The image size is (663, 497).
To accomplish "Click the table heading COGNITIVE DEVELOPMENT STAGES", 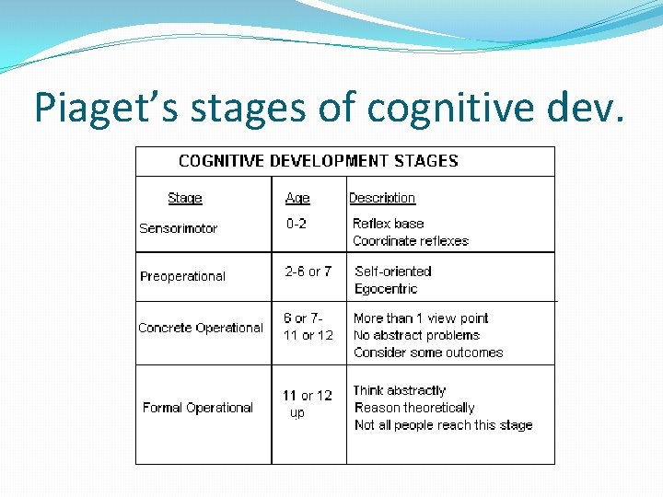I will point(318,161).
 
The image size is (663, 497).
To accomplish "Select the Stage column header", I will point(185,198).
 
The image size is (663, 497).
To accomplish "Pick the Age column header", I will point(297,198).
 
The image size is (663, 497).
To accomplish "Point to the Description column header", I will point(382,198).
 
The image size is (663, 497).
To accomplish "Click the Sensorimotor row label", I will point(178,228).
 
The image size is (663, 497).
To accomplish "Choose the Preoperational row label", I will point(182,276).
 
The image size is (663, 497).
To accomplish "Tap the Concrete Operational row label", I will point(201,328).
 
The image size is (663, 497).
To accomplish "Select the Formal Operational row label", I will point(198,408).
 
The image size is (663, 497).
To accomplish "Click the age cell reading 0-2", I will point(297,224).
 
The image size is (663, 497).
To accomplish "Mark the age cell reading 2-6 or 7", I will point(308,272).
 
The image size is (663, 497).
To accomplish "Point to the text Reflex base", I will point(389,224).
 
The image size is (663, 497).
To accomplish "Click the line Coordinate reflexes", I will point(411,241).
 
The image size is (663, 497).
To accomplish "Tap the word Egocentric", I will point(386,289).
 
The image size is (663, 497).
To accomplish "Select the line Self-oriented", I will point(393,272).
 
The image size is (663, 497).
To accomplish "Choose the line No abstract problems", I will point(416,335).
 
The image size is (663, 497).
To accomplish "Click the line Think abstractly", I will point(400,390).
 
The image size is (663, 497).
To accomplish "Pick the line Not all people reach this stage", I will point(443,425).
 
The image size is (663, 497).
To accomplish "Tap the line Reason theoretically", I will point(414,408).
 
